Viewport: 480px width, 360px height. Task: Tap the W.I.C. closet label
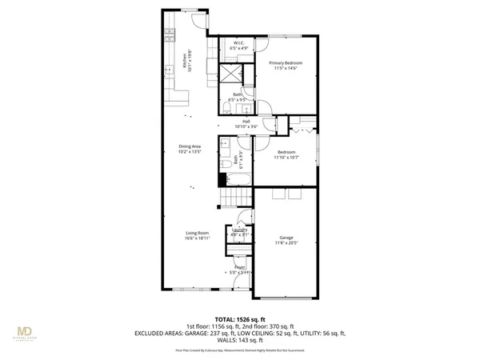(238, 43)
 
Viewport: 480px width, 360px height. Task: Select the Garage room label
(286, 238)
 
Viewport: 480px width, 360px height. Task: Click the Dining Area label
(190, 146)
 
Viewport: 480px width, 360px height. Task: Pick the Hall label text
(247, 121)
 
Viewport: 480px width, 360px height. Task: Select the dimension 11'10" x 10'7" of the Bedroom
(286, 158)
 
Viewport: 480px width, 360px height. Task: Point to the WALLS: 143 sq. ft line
(240, 341)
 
